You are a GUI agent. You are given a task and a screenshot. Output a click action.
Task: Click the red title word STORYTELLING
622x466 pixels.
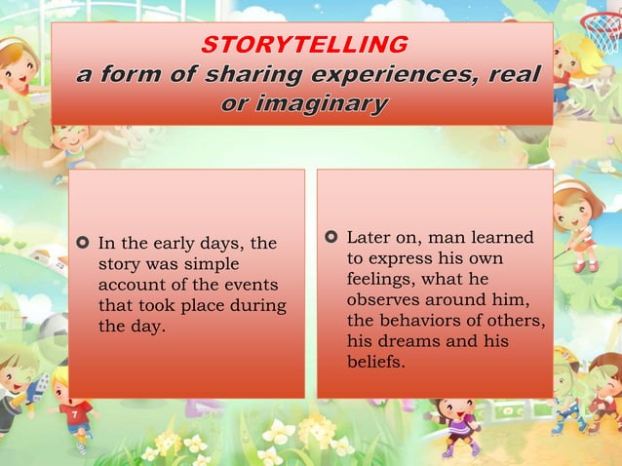(304, 45)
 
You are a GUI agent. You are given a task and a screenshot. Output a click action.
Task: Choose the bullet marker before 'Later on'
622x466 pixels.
(330, 238)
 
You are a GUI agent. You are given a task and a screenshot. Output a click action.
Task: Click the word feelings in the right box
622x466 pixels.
(381, 281)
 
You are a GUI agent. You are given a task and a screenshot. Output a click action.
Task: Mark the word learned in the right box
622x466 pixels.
(502, 239)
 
